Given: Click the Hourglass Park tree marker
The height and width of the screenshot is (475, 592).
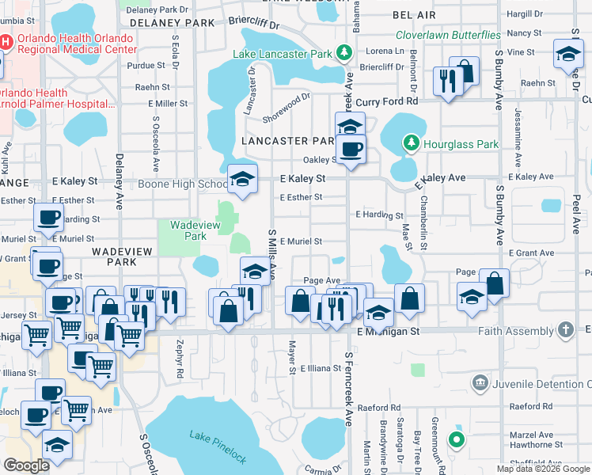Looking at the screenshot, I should click(x=411, y=143).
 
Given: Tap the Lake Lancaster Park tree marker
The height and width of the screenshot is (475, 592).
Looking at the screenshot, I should click(x=344, y=53).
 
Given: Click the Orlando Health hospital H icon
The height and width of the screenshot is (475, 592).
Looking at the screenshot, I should click(x=5, y=42).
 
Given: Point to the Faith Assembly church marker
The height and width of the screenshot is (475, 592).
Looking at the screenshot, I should click(x=565, y=328).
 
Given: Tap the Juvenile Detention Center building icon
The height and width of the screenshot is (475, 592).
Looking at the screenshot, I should click(x=480, y=384).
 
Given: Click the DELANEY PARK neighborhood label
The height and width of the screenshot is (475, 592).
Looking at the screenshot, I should click(x=167, y=23).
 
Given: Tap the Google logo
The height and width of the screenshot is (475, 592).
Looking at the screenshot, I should click(x=26, y=465).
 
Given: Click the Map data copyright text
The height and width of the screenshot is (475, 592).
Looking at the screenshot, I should click(x=542, y=469).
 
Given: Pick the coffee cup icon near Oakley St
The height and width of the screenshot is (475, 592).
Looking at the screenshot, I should click(x=350, y=148).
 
